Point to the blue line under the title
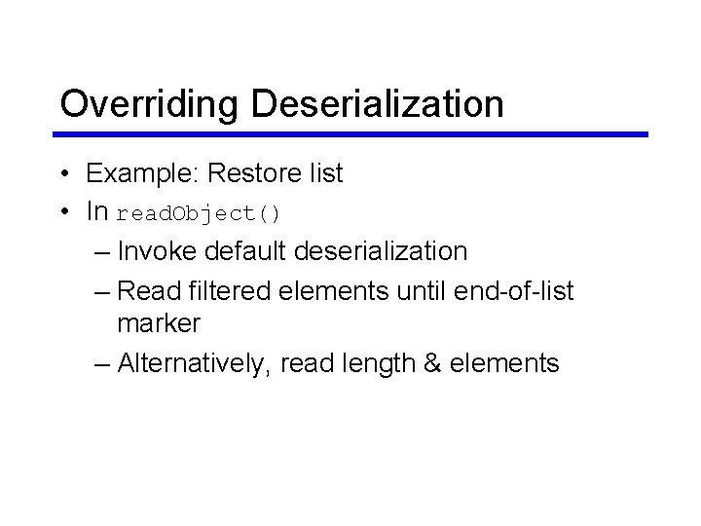[x=350, y=134]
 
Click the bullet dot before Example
[x=62, y=174]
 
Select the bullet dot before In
[x=62, y=211]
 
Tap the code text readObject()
[x=199, y=213]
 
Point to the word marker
[x=158, y=322]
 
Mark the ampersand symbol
[x=430, y=363]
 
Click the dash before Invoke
[x=103, y=252]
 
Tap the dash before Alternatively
[x=103, y=364]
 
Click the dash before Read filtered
[x=103, y=291]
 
